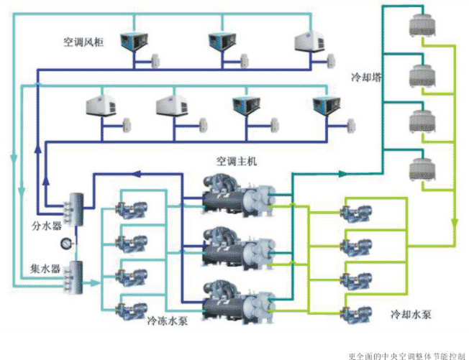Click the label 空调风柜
click(85, 42)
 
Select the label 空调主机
click(237, 160)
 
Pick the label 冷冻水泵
click(168, 321)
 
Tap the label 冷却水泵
click(411, 315)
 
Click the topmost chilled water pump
click(134, 206)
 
